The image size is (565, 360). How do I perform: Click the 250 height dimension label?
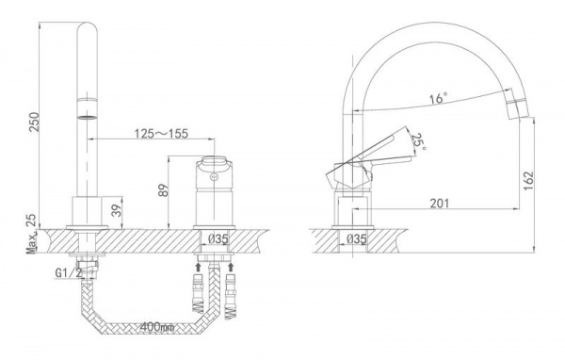34,122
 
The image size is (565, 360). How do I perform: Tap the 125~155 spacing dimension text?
161,134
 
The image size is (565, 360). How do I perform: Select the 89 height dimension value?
163,190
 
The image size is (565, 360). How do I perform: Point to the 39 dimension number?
116,211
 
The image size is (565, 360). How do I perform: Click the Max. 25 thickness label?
32,234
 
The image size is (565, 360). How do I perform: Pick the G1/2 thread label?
69,273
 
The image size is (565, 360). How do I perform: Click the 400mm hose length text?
157,327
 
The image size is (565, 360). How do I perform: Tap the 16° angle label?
438,98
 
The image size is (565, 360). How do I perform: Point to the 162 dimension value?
528,181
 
